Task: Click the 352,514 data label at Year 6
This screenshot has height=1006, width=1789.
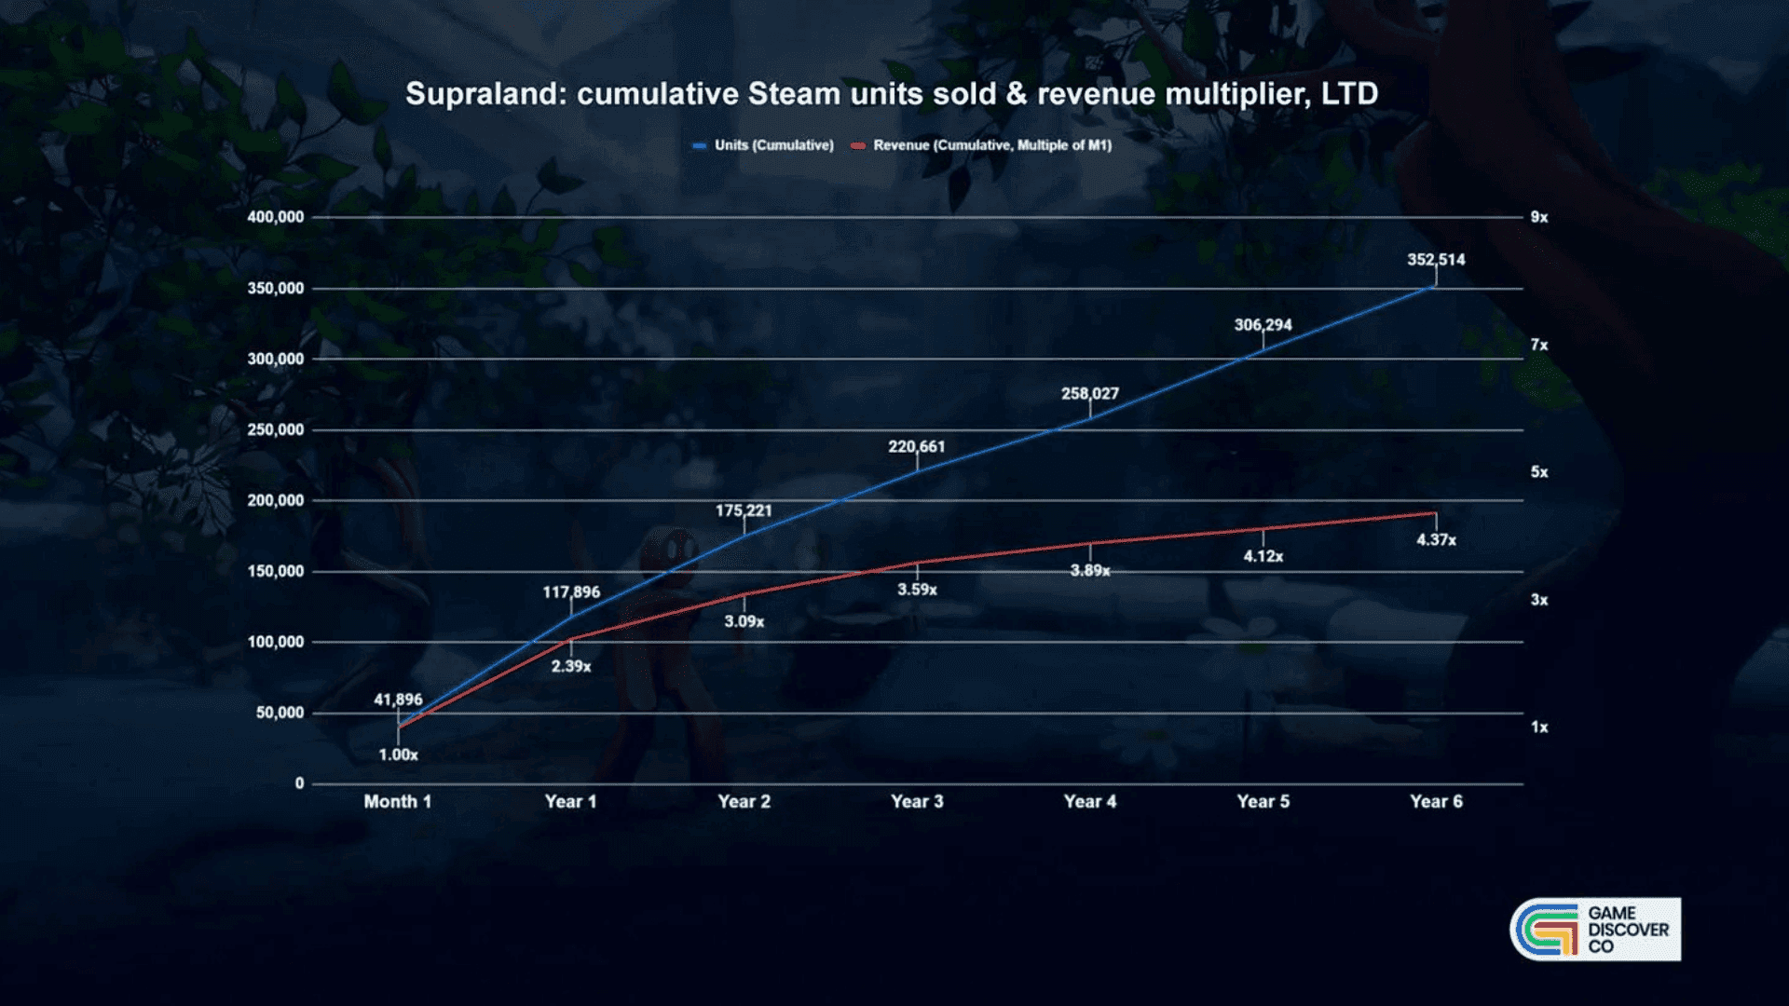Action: point(1436,260)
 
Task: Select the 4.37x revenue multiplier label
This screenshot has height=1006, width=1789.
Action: point(1436,540)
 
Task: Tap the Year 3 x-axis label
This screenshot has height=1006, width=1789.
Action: point(917,801)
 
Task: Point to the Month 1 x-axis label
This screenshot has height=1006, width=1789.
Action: point(398,801)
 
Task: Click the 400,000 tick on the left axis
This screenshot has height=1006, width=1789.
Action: point(276,217)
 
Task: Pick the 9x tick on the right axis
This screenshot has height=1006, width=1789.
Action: point(1539,217)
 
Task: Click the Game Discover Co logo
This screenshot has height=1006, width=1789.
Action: point(1595,929)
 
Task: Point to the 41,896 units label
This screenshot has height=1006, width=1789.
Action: point(398,700)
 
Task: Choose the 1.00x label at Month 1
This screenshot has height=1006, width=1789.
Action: point(398,754)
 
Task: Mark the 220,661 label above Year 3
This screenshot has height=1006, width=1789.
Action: point(916,447)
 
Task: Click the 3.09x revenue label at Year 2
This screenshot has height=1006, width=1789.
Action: point(744,621)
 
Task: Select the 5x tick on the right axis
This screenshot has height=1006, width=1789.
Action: point(1539,472)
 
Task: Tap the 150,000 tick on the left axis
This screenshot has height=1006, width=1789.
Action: point(276,571)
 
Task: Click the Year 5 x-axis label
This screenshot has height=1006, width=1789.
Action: point(1263,801)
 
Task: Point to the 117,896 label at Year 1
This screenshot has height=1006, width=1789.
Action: point(571,592)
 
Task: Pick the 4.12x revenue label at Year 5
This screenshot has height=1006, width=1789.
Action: point(1263,556)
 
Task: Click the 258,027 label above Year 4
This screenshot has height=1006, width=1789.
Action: point(1089,394)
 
